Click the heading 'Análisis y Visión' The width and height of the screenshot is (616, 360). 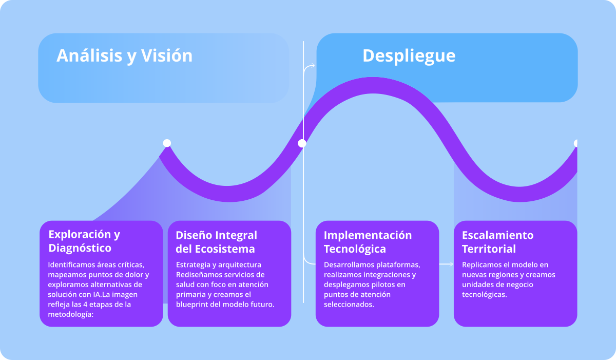pyautogui.click(x=124, y=55)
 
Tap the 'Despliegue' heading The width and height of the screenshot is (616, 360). pyautogui.click(x=409, y=55)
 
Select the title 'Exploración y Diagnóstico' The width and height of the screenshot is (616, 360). pyautogui.click(x=84, y=241)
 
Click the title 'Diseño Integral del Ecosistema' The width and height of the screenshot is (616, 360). pyautogui.click(x=216, y=242)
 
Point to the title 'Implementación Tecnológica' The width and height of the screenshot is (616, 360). pyautogui.click(x=368, y=242)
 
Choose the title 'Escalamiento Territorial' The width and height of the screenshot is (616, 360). pyautogui.click(x=497, y=242)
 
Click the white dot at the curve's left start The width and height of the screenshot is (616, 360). pyautogui.click(x=167, y=143)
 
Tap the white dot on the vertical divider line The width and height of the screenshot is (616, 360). pyautogui.click(x=302, y=143)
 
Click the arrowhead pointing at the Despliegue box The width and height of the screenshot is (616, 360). pyautogui.click(x=313, y=66)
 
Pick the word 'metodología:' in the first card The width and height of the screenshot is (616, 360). pyautogui.click(x=69, y=314)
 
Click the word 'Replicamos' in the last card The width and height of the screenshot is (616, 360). pyautogui.click(x=480, y=265)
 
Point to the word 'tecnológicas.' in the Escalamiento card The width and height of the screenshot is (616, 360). pyautogui.click(x=484, y=294)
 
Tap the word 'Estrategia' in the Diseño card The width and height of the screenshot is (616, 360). pyautogui.click(x=193, y=265)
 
